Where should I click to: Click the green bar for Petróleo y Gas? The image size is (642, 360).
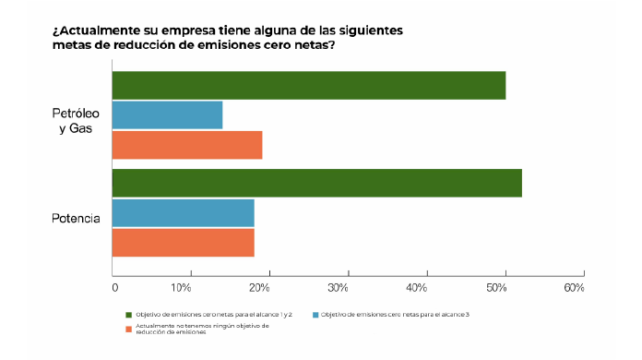tap(308, 85)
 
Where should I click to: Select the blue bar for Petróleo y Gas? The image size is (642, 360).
tap(167, 115)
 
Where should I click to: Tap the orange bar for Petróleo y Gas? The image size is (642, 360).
tap(187, 145)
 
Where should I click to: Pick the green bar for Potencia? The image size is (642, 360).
tap(316, 183)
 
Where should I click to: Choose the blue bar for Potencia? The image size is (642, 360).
tap(183, 213)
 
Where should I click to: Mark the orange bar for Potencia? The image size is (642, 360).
tap(183, 243)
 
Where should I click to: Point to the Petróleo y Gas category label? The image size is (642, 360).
tap(76, 120)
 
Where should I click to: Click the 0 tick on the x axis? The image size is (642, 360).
tap(114, 289)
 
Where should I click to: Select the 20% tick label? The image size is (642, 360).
tap(258, 289)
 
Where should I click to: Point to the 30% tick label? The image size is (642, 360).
tap(338, 289)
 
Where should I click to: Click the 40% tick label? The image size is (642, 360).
tap(416, 289)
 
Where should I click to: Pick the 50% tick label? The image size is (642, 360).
tap(495, 289)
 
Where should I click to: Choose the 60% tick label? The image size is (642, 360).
tap(574, 289)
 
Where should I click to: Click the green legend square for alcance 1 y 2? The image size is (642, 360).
tap(129, 315)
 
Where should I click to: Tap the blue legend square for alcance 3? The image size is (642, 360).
tap(315, 315)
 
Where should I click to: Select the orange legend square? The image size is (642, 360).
tap(129, 328)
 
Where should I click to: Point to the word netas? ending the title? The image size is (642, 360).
tap(310, 45)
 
